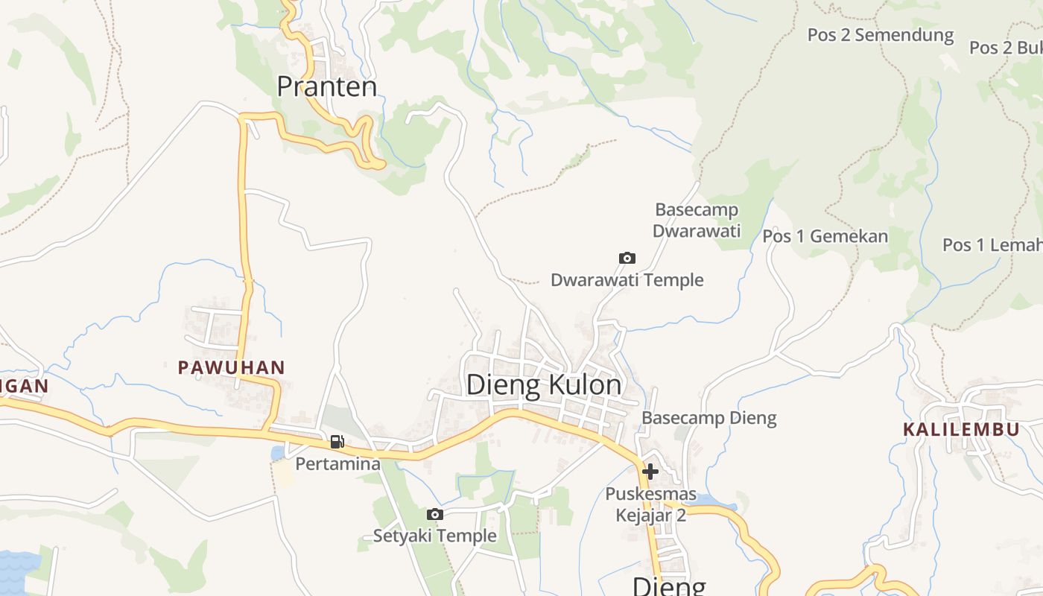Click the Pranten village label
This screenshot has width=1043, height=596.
coord(326,86)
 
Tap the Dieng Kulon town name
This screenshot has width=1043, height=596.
coord(543,385)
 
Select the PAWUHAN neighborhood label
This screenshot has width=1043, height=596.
coord(231,367)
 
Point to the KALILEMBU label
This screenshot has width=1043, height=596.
coord(961,430)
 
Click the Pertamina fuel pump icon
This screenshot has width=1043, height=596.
coord(337,442)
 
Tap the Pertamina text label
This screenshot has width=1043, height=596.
coord(337,464)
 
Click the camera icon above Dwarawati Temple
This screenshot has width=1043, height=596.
coord(627,258)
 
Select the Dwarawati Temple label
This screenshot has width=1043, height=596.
coord(627,280)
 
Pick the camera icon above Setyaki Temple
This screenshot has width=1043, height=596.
coord(435,514)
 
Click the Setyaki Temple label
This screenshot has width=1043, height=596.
coord(434,536)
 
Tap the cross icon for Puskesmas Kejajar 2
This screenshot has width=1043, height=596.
coord(650,471)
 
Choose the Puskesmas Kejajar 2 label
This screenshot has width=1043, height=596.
coord(650,504)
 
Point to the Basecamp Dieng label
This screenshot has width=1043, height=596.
coord(708,418)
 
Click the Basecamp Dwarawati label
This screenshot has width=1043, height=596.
coord(697,220)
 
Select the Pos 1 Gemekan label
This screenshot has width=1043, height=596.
coord(825,236)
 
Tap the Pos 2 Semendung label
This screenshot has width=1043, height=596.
coord(880,34)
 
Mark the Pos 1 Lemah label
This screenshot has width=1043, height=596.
coord(991,244)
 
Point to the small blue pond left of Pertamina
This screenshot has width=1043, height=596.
coord(278,453)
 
